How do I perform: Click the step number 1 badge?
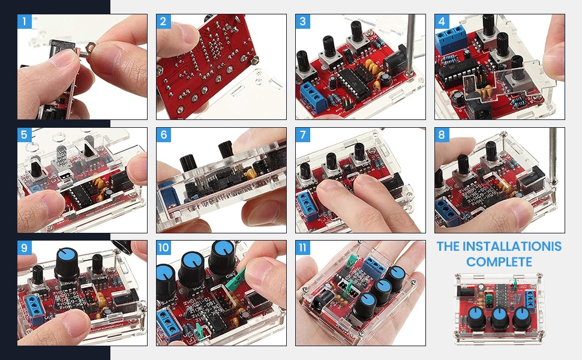(x=24, y=21)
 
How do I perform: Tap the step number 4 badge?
(x=442, y=21)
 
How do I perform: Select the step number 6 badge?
(x=164, y=134)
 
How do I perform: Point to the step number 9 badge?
(x=24, y=248)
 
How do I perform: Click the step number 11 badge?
(x=302, y=248)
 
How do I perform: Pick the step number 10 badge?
(x=164, y=248)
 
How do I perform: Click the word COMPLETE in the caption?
(x=499, y=262)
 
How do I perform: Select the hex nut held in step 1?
(x=90, y=47)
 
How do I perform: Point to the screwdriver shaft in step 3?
(x=410, y=44)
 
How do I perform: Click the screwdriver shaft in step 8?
(x=553, y=156)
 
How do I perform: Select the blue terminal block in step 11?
(x=376, y=266)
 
